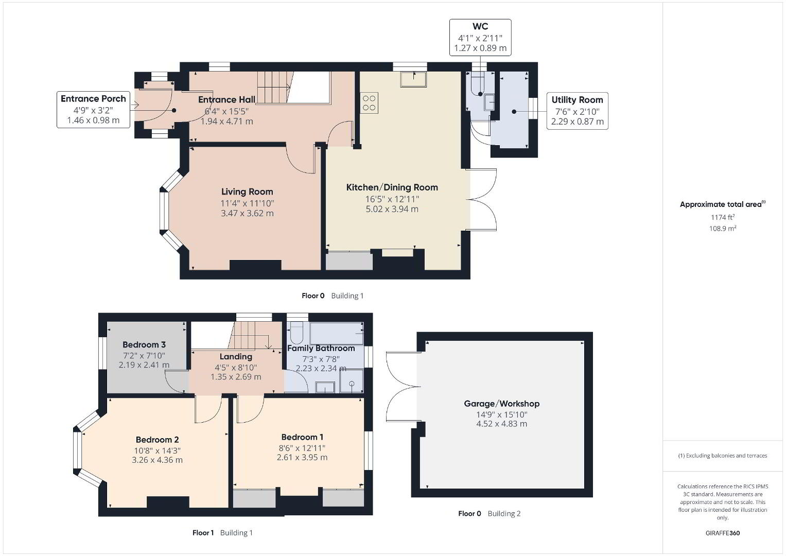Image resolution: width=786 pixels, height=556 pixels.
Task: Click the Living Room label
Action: (247, 192)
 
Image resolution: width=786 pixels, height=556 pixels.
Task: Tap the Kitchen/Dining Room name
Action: (392, 187)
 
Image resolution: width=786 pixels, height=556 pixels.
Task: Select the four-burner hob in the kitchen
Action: (369, 103)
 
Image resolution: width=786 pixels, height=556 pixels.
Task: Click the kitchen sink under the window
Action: (413, 79)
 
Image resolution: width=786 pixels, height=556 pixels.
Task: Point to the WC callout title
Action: (480, 26)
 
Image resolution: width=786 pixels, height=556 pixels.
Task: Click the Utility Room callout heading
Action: (577, 100)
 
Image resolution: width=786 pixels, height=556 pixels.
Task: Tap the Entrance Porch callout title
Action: (93, 99)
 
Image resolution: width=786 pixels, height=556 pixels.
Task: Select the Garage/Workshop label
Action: (502, 404)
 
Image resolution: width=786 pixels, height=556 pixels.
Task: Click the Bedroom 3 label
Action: (144, 345)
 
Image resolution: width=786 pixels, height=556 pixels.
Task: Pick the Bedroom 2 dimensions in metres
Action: (157, 460)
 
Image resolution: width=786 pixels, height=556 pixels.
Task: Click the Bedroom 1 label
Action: (302, 437)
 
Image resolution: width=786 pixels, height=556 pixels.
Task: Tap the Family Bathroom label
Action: (321, 348)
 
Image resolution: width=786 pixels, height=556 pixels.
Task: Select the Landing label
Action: (236, 357)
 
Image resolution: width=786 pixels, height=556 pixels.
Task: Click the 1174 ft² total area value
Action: (723, 217)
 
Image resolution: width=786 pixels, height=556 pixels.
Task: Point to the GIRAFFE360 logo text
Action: (723, 533)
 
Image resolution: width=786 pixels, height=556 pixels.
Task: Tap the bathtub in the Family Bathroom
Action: (337, 333)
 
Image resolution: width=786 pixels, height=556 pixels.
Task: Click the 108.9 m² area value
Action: (723, 229)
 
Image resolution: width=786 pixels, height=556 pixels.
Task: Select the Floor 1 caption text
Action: (203, 533)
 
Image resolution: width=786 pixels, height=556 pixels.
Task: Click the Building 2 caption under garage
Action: (504, 514)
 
